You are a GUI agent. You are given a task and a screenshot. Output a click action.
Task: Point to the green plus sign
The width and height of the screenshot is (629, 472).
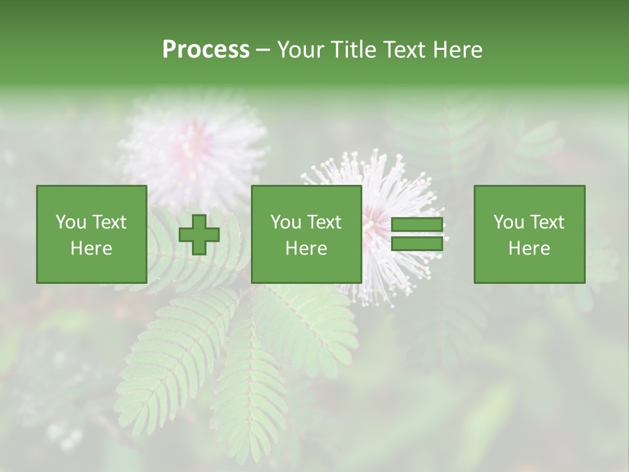coord(199,235)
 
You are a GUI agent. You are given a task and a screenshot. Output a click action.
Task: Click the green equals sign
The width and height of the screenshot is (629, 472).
coord(417,234)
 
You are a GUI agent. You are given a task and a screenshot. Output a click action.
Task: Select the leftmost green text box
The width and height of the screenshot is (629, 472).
coord(92,235)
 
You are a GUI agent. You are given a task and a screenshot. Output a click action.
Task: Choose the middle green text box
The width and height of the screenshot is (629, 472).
coord(306,235)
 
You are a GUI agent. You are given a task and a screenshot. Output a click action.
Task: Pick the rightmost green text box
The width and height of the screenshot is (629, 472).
coord(529,235)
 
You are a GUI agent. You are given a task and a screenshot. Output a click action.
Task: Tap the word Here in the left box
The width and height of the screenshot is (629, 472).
coord(92,248)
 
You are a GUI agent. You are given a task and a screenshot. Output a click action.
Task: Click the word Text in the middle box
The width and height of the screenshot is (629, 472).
coord(324,222)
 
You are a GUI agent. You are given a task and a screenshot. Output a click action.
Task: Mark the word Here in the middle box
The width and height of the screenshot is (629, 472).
coord(306,248)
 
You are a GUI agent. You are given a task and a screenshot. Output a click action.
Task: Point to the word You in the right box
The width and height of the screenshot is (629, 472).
coord(508,222)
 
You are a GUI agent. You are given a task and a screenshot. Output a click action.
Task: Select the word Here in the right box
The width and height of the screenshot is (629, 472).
coord(529,248)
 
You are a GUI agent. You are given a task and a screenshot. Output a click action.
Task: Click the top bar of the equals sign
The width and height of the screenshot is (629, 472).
coord(417,224)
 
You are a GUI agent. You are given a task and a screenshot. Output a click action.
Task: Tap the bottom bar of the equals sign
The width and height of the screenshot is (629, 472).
coord(417,244)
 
